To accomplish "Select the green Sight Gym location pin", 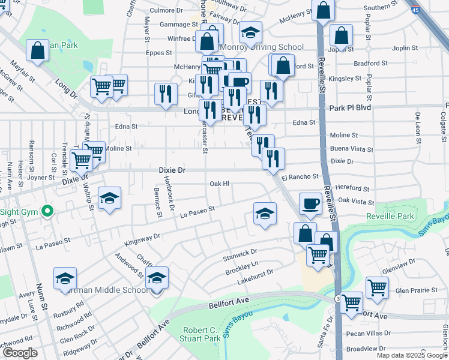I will pos(45,211).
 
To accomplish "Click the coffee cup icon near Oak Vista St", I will pos(310,203).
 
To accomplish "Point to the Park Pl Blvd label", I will pos(351,107).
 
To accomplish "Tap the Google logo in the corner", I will pos(20,353).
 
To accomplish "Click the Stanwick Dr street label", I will pos(240,256).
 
